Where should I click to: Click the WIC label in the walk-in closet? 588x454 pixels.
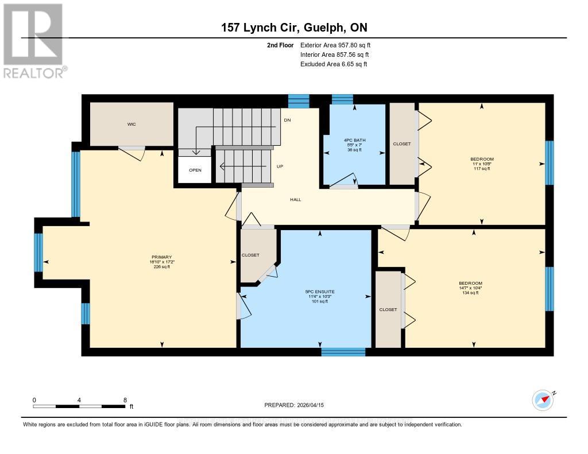pyautogui.click(x=131, y=124)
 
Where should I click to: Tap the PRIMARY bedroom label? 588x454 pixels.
pyautogui.click(x=162, y=257)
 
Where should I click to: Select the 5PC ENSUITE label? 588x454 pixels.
pyautogui.click(x=320, y=292)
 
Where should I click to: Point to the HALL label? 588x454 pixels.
pyautogui.click(x=295, y=200)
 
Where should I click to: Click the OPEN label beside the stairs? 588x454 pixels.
pyautogui.click(x=196, y=170)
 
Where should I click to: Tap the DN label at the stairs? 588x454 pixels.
pyautogui.click(x=288, y=121)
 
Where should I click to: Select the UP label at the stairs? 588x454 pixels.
pyautogui.click(x=280, y=166)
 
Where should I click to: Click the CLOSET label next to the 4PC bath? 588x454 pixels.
pyautogui.click(x=402, y=144)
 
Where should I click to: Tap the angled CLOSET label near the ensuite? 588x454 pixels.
pyautogui.click(x=250, y=255)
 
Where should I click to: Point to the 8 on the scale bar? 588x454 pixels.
pyautogui.click(x=125, y=399)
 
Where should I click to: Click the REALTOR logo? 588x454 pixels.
pyautogui.click(x=34, y=40)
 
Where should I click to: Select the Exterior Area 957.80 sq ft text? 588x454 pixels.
pyautogui.click(x=339, y=45)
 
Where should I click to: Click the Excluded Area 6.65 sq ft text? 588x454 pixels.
pyautogui.click(x=334, y=64)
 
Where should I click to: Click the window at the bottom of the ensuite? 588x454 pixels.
pyautogui.click(x=343, y=351)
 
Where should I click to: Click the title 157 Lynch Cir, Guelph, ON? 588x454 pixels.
pyautogui.click(x=294, y=27)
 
